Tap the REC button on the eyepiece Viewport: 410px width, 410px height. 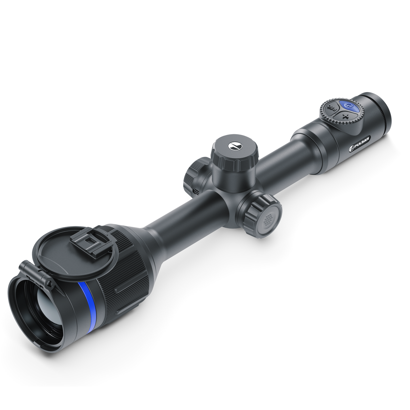coord(332,108)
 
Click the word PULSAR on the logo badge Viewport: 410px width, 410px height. coord(360,142)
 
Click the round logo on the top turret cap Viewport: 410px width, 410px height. coord(234,145)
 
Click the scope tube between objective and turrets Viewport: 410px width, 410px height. coord(184,216)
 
